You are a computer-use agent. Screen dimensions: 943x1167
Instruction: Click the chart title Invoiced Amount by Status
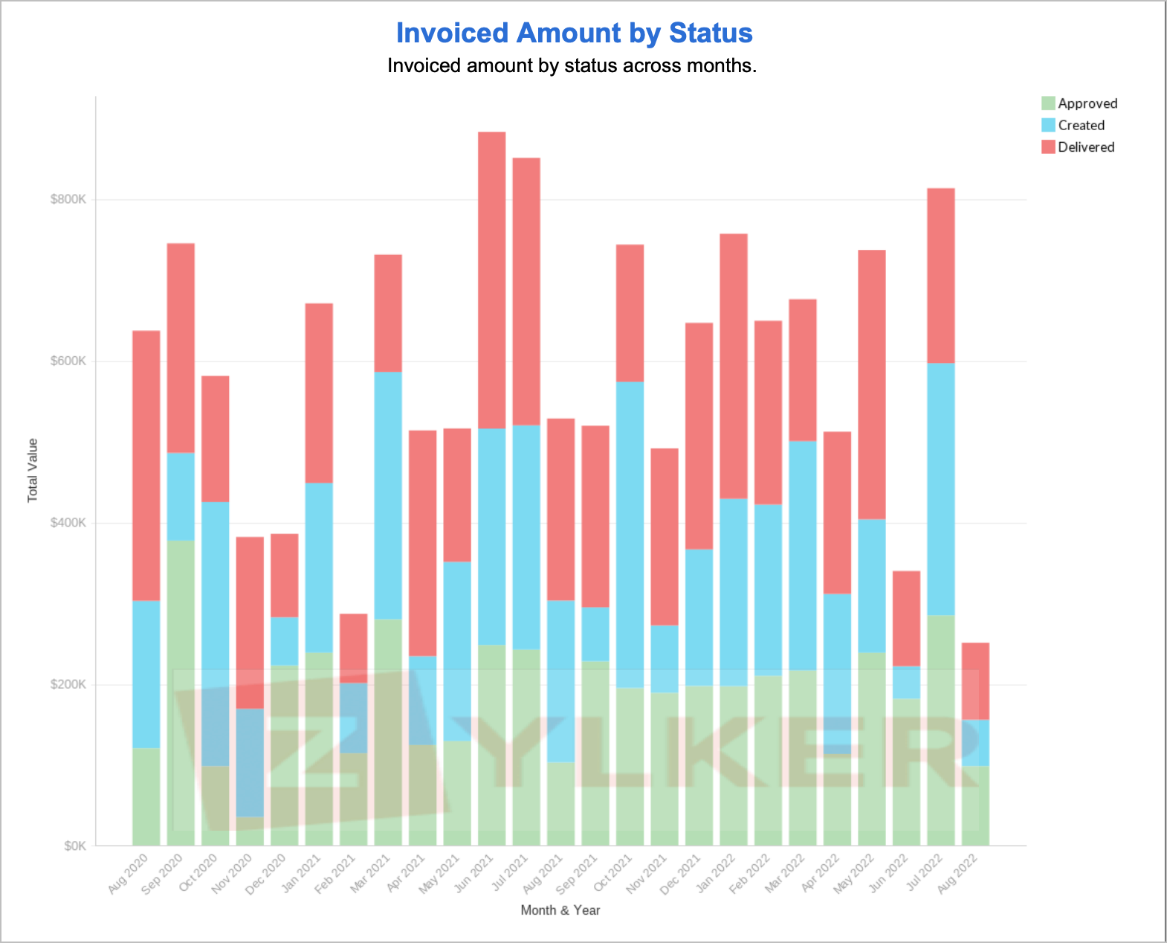574,33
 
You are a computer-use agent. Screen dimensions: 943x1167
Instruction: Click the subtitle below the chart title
572,66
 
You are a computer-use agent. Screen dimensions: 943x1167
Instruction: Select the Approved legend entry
1087,103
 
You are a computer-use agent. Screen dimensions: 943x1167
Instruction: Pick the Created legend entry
1081,125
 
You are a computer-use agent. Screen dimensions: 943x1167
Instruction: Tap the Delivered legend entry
1085,147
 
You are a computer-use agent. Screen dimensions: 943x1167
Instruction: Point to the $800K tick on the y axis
68,199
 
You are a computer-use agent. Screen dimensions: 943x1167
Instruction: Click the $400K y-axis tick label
68,523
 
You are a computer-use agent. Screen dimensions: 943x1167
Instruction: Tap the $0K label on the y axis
74,846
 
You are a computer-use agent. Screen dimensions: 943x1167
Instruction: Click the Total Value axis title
33,470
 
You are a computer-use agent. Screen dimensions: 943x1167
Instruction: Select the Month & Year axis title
560,910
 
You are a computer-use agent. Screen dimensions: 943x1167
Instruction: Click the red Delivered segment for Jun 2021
491,280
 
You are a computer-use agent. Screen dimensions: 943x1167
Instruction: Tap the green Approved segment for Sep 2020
181,692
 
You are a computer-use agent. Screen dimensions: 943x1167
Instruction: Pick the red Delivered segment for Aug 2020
146,465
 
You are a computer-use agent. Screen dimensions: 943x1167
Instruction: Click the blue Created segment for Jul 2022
940,489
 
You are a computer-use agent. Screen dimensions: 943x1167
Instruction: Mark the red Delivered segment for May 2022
871,384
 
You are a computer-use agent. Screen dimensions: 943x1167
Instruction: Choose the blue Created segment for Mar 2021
388,495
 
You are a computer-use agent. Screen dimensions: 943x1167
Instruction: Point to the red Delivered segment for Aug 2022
975,680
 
